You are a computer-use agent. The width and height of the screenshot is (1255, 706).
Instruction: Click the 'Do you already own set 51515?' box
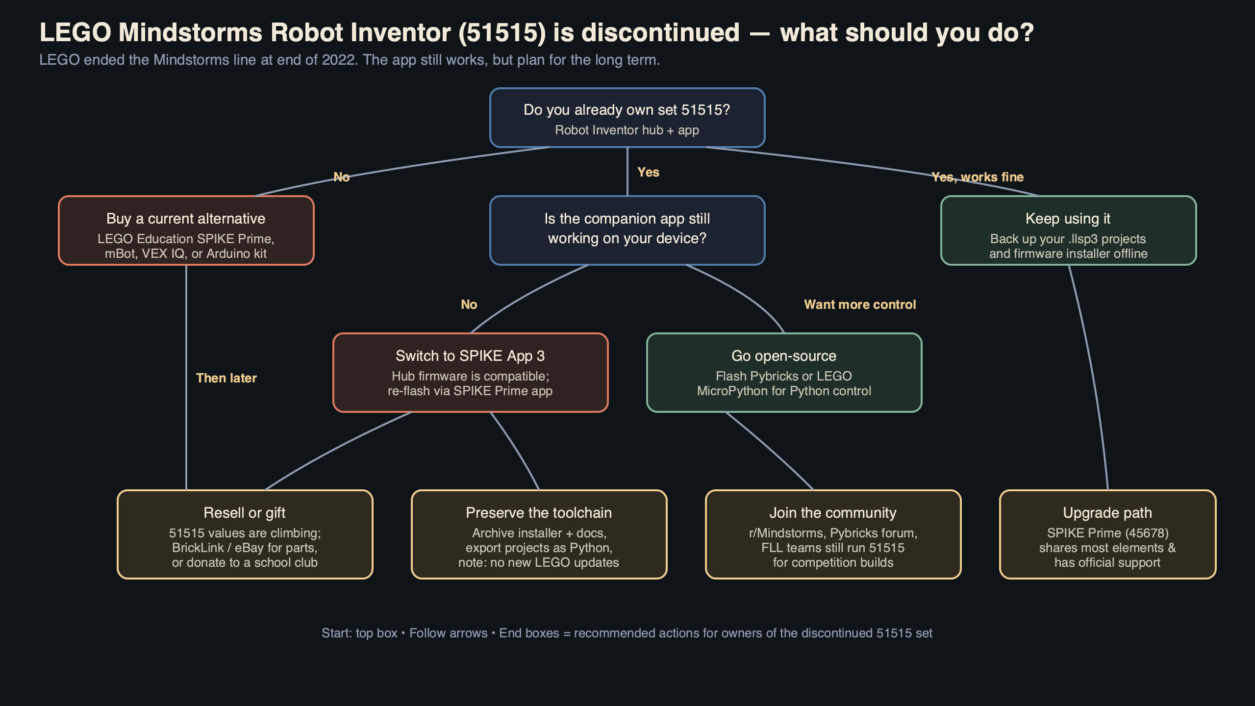point(627,118)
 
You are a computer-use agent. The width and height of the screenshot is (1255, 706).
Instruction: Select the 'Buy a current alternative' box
point(186,230)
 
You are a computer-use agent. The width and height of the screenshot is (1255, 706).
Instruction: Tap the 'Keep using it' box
point(1068,230)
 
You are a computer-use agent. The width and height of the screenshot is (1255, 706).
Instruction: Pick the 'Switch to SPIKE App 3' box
point(470,373)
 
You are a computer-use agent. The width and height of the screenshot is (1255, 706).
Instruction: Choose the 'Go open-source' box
point(784,373)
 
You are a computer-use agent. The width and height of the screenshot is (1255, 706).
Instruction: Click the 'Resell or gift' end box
point(245,534)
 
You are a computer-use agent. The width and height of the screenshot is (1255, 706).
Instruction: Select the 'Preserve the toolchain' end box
point(539,534)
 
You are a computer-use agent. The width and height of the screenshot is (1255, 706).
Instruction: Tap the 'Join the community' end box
point(833,534)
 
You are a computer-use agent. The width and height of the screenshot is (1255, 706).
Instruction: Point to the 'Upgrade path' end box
point(1107,534)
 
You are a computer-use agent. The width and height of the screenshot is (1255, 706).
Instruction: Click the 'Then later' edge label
point(226,378)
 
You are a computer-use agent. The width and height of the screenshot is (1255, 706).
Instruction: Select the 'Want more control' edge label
point(860,304)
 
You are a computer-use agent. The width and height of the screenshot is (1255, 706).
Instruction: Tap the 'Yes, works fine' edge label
point(978,177)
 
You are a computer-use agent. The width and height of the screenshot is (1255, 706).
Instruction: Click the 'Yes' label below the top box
point(648,172)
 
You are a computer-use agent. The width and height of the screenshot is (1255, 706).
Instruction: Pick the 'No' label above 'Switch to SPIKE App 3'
point(469,304)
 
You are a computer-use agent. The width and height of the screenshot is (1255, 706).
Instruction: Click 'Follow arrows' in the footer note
point(448,633)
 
